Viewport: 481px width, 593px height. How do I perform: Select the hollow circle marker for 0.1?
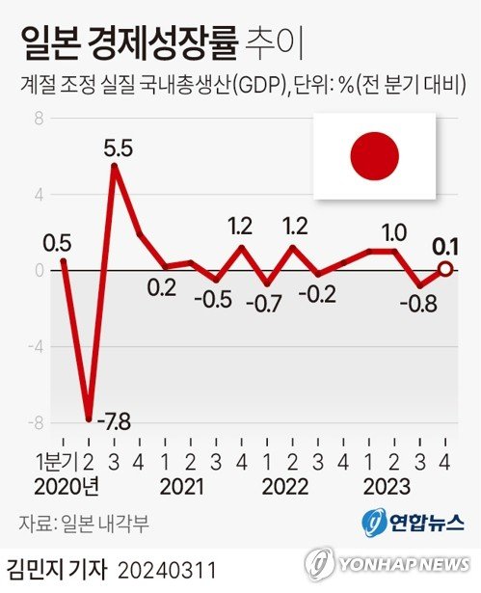[x=445, y=269]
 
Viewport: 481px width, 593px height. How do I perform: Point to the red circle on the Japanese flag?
[x=374, y=158]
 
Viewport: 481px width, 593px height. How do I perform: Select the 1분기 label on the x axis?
[x=56, y=461]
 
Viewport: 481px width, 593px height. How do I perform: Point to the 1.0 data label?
[x=394, y=231]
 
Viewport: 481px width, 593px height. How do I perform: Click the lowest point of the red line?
[x=89, y=419]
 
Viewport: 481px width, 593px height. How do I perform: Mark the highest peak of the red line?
[x=115, y=166]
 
